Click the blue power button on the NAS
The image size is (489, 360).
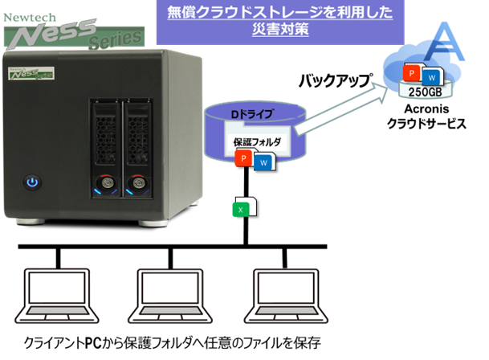(x=32, y=182)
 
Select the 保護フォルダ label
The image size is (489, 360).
(x=257, y=142)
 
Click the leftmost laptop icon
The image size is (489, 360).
(x=56, y=296)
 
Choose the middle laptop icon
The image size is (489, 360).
(x=169, y=296)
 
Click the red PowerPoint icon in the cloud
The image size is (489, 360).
(x=410, y=72)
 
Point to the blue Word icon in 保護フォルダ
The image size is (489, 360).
(x=262, y=164)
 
